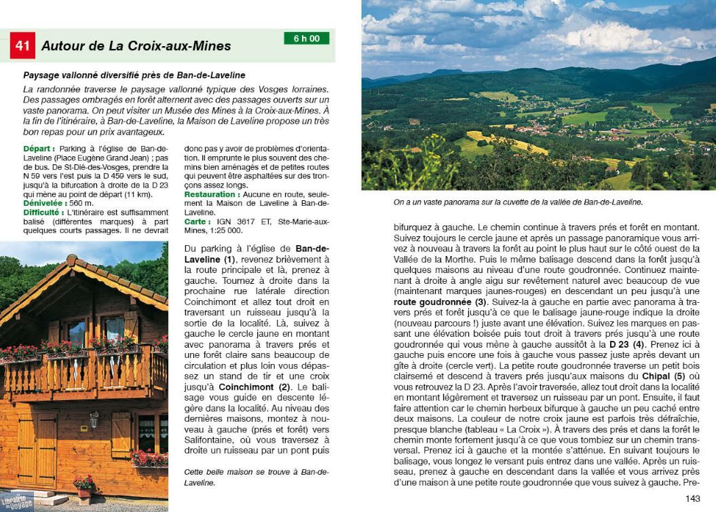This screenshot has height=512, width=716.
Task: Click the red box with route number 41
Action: [22, 45]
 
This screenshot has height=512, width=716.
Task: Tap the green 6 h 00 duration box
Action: [306, 39]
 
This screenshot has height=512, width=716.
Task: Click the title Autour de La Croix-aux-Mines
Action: [136, 46]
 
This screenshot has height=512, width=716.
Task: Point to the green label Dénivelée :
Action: [45, 203]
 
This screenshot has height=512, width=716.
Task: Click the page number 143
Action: [692, 499]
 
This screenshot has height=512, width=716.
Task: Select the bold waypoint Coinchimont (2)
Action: [255, 387]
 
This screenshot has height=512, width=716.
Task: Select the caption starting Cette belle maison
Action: [257, 477]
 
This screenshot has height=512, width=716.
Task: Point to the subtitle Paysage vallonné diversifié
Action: [134, 75]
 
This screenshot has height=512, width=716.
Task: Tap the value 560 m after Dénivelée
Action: [81, 203]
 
